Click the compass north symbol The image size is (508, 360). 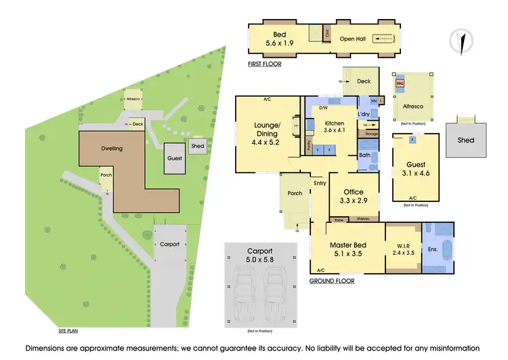(461, 40)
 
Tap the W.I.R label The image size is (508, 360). (404, 245)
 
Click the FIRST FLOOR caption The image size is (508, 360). (265, 64)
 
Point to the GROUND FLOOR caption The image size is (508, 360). (332, 280)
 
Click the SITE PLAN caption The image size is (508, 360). (70, 332)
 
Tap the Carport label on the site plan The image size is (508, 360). (169, 244)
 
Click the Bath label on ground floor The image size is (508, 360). (364, 155)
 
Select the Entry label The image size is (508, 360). (320, 183)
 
